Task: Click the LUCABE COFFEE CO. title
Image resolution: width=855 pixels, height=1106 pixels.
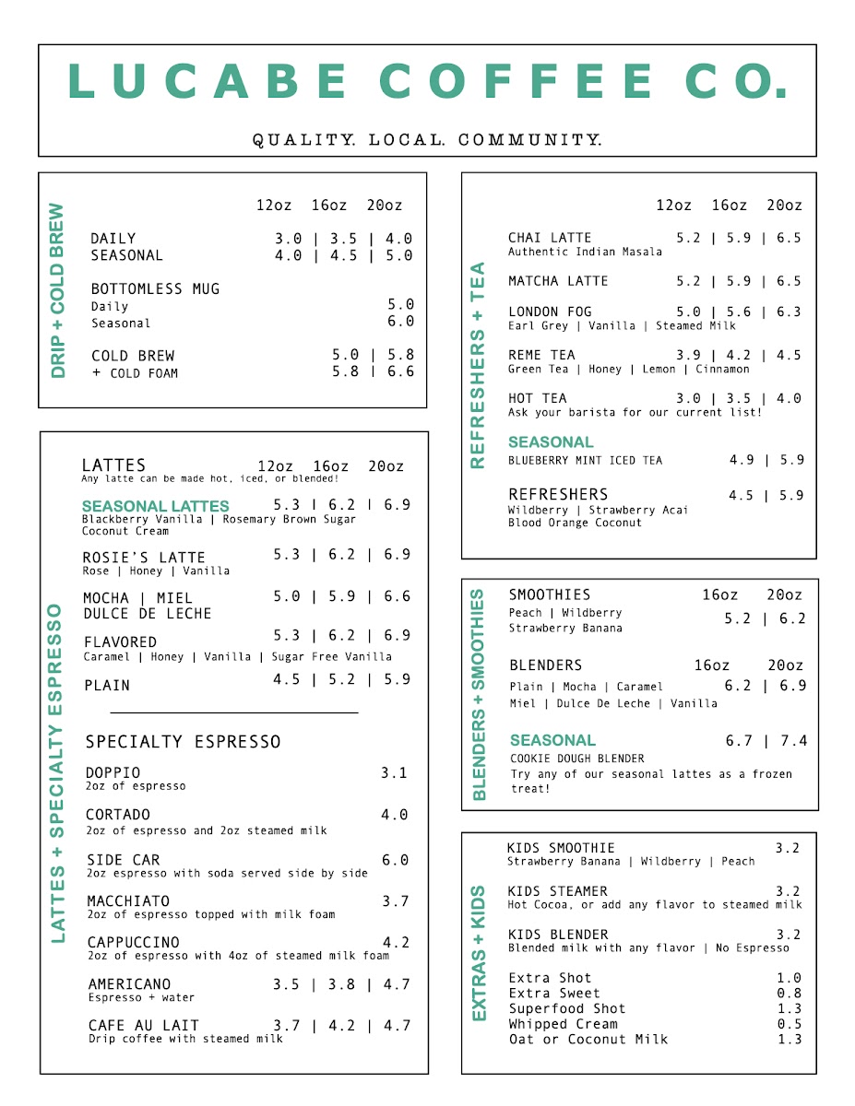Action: point(428,81)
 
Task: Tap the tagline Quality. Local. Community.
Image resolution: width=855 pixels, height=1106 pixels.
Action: point(427,140)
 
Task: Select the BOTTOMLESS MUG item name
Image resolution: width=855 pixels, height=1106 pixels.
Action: point(155,288)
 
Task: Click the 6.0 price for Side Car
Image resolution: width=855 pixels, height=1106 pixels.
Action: point(395,860)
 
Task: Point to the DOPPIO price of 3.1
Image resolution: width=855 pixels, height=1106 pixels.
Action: point(394,772)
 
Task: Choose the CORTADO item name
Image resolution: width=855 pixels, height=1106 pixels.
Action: point(117,815)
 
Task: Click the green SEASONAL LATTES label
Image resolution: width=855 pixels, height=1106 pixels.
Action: point(155,506)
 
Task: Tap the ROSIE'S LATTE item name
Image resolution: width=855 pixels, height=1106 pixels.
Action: point(144,557)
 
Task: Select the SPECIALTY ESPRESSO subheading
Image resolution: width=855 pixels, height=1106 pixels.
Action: point(183,742)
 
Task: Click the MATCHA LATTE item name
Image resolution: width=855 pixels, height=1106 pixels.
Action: point(558,281)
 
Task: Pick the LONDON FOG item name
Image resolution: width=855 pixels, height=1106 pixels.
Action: point(550,312)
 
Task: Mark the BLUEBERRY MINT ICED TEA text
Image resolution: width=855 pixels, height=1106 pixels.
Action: point(585,460)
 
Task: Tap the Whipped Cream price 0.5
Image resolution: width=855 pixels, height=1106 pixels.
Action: point(789,1024)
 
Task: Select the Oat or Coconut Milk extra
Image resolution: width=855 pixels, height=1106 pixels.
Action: point(588,1039)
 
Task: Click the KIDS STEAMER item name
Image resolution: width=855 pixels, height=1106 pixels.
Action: point(557,891)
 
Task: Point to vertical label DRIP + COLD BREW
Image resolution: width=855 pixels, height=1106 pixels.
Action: point(58,290)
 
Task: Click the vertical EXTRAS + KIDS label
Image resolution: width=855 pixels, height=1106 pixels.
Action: point(479,953)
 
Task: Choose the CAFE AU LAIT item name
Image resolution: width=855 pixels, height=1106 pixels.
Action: point(143,1025)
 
